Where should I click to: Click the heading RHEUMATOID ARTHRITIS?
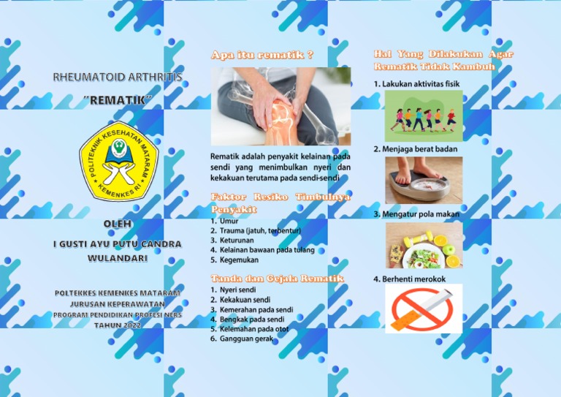tap(118, 77)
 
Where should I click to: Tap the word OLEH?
tap(118, 224)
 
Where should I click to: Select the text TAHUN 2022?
tap(118, 325)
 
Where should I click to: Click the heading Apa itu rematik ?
tap(262, 55)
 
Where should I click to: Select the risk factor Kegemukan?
tap(240, 260)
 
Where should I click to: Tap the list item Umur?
tap(229, 220)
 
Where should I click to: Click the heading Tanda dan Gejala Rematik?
tap(277, 279)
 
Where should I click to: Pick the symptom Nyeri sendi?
tap(237, 290)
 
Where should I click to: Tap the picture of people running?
tap(423, 116)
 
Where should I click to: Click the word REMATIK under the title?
tap(117, 99)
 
